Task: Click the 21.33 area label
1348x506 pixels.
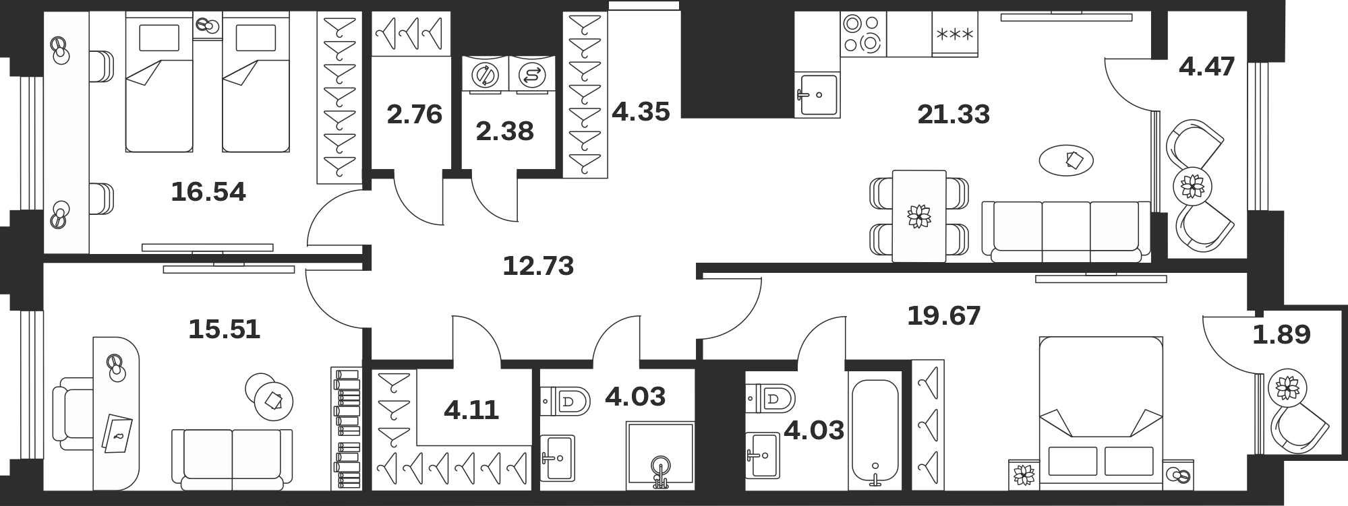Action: click(954, 115)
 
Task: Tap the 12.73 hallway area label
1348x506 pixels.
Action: click(538, 265)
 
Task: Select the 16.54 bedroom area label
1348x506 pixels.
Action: click(208, 192)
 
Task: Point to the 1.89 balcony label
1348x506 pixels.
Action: click(1281, 334)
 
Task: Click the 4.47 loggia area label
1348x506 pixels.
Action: click(1207, 66)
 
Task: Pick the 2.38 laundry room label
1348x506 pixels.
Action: click(504, 131)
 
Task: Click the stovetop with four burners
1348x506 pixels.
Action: click(863, 34)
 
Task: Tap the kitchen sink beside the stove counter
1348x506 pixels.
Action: click(817, 94)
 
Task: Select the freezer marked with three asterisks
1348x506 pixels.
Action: click(955, 34)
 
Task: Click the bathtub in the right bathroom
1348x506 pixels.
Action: click(875, 431)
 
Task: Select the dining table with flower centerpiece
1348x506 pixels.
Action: click(918, 216)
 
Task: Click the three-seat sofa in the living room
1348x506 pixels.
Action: click(1065, 231)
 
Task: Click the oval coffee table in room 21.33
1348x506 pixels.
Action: click(1066, 160)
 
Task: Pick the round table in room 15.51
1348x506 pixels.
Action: click(270, 398)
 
